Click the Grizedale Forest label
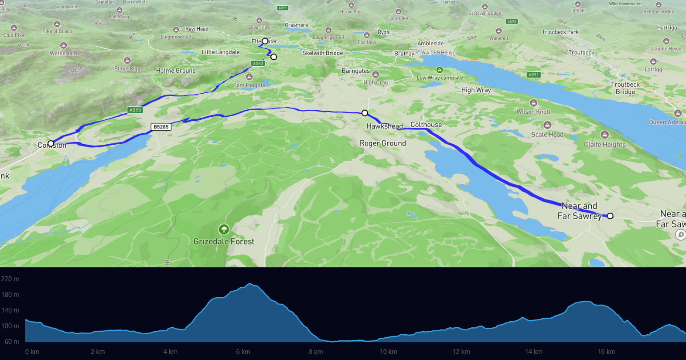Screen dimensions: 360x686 pyautogui.click(x=224, y=241)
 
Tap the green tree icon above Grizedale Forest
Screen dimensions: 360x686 pyautogui.click(x=224, y=229)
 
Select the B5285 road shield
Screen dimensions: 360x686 pyautogui.click(x=161, y=127)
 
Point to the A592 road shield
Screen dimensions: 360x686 pyautogui.click(x=512, y=21)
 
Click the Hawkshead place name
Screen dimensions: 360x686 pyautogui.click(x=384, y=126)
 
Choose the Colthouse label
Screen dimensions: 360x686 pyautogui.click(x=426, y=125)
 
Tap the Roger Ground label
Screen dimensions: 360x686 pyautogui.click(x=382, y=143)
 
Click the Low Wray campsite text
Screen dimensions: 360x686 pyautogui.click(x=440, y=78)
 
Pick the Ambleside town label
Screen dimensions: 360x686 pyautogui.click(x=430, y=44)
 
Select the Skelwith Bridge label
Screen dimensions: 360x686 pyautogui.click(x=323, y=53)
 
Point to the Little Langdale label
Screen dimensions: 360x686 pyautogui.click(x=221, y=52)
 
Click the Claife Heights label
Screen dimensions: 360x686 pyautogui.click(x=604, y=145)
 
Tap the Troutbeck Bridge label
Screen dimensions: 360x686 pyautogui.click(x=625, y=88)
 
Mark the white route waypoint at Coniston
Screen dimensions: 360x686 pyautogui.click(x=51, y=143)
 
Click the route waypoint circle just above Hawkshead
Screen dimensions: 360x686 pyautogui.click(x=365, y=113)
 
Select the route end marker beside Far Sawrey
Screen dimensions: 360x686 pyautogui.click(x=610, y=216)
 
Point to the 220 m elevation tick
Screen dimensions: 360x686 pyautogui.click(x=10, y=279)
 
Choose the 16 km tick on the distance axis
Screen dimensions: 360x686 pyautogui.click(x=606, y=352)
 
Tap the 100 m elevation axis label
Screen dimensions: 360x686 pyautogui.click(x=10, y=326)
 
